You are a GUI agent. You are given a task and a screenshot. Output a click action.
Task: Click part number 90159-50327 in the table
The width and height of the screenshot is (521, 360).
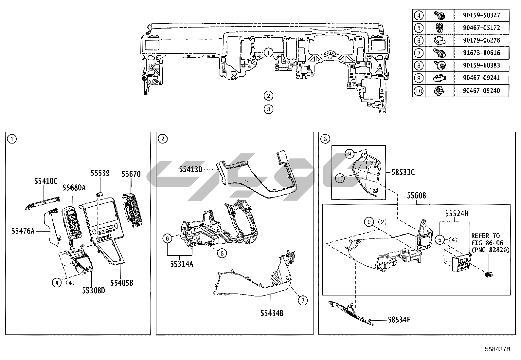(x=481, y=15)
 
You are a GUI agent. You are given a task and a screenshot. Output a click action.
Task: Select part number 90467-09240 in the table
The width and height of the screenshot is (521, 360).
(x=481, y=91)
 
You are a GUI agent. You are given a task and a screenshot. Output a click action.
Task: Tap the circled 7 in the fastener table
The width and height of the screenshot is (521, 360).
(x=419, y=53)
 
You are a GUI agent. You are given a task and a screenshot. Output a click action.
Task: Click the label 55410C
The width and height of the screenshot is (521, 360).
(x=46, y=181)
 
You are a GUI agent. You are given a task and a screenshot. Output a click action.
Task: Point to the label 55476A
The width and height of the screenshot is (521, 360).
(x=23, y=231)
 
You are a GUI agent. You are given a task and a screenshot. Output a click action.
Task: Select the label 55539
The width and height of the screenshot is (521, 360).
(x=100, y=173)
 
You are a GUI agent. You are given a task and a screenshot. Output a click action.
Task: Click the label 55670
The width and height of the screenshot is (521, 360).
(x=131, y=174)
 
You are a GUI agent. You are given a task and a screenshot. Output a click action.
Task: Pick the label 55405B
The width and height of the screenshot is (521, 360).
(x=122, y=283)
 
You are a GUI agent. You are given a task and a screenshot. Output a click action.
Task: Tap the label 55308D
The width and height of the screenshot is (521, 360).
(x=94, y=291)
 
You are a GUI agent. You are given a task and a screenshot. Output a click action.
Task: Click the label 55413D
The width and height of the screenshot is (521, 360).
(x=191, y=170)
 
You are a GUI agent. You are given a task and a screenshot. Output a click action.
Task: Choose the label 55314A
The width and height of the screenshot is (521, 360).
(x=182, y=264)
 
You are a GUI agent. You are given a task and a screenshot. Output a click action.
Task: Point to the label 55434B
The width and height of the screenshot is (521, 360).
(x=272, y=313)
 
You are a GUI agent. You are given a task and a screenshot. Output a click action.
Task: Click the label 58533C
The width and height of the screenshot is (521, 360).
(x=403, y=172)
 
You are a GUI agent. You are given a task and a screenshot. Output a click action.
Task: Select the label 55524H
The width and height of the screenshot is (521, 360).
(x=457, y=214)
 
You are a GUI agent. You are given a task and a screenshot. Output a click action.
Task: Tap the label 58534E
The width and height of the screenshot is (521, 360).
(x=399, y=320)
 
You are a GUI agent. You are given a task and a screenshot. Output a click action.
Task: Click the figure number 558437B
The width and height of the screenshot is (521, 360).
(x=497, y=349)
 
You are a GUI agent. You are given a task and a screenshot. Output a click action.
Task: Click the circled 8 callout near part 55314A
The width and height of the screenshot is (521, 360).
(x=222, y=253)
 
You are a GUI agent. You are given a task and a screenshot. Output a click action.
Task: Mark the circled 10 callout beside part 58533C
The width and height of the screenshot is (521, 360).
(x=340, y=179)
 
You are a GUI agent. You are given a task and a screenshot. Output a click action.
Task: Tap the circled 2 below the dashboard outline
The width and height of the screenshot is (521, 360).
(x=268, y=96)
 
